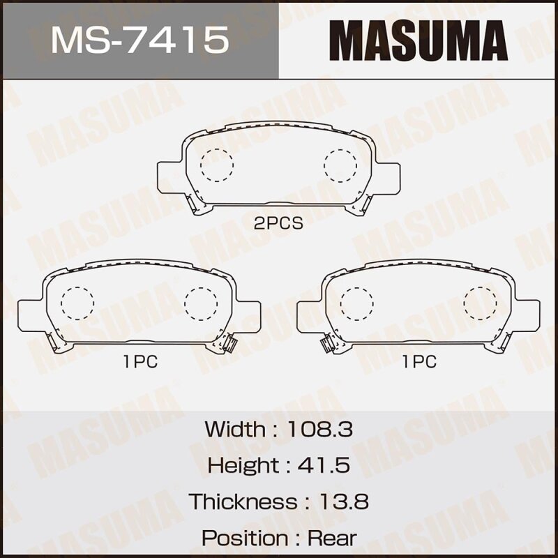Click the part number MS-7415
[139, 39]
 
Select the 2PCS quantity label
[278, 224]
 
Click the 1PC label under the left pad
[139, 361]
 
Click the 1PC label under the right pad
[418, 361]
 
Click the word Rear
[331, 538]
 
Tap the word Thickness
[243, 502]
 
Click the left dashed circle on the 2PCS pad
[216, 165]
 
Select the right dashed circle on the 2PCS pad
[340, 165]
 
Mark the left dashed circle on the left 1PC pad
[77, 303]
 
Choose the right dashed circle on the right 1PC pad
[480, 303]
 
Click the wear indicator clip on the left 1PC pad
[229, 342]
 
